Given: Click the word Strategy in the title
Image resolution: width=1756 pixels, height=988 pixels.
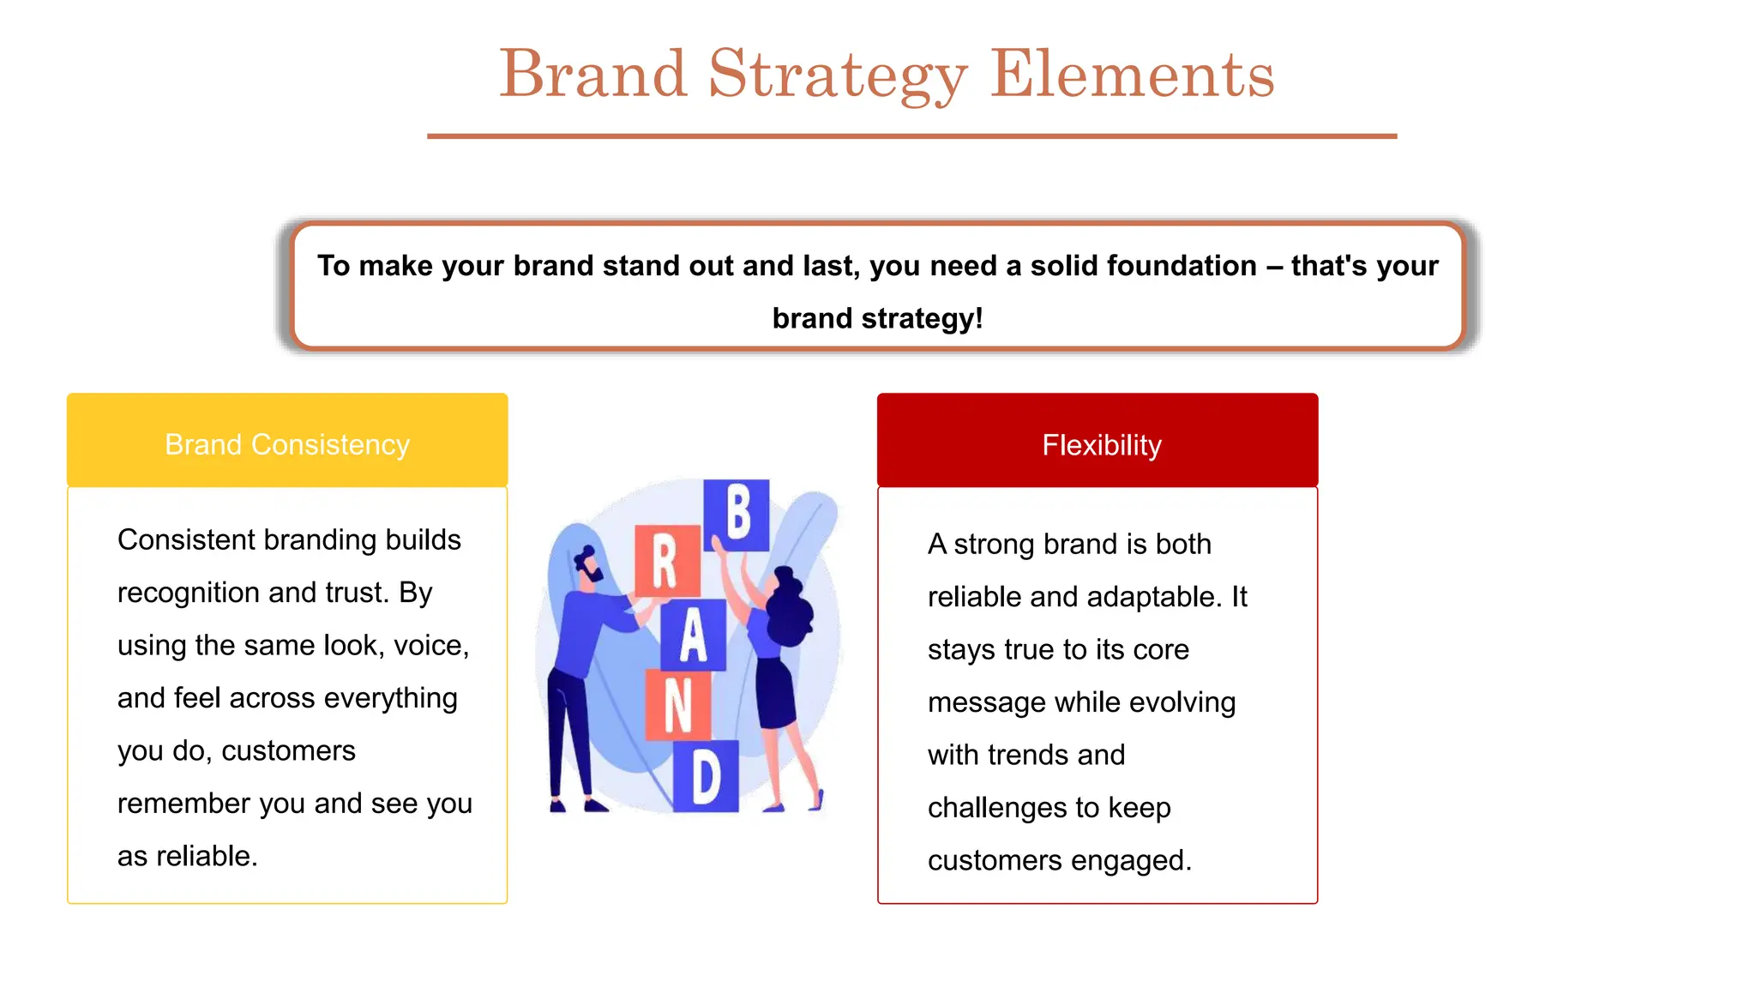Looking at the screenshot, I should point(838,75).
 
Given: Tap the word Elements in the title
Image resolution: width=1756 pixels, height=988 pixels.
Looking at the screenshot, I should point(1132,75).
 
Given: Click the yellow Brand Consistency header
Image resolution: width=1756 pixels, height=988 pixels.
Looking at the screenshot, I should point(287,444).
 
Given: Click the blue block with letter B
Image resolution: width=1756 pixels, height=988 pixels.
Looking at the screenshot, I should point(737,514).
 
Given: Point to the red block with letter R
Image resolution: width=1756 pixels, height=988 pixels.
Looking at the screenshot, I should point(666,561).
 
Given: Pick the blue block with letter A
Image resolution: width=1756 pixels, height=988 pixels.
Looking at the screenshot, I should point(693,635).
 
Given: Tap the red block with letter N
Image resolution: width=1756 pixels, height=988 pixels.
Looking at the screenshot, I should point(677,705).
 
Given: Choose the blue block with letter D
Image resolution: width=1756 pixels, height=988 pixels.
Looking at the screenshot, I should point(706,776).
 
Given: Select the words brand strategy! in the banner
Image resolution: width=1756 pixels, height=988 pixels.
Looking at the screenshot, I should point(877,318).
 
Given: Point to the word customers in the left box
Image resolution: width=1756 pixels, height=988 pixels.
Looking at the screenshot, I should point(288,750).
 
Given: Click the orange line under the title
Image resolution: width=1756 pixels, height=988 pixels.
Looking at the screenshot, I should point(911,136).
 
